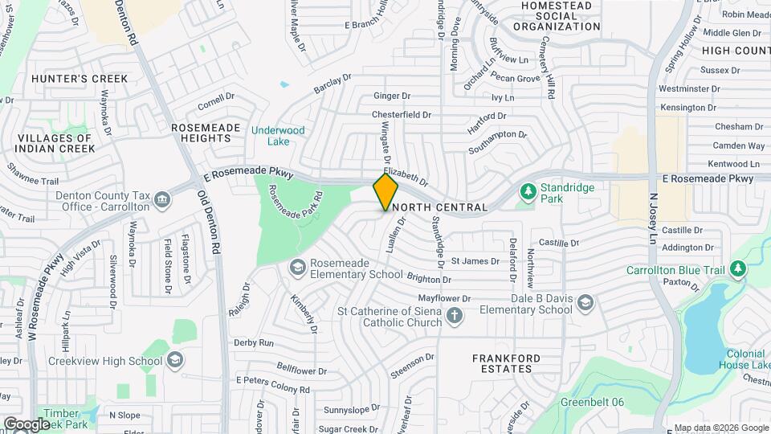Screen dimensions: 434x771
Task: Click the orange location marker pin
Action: [x=385, y=192]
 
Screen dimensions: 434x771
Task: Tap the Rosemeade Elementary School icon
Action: [x=296, y=266]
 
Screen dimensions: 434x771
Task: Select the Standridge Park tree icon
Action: [x=528, y=190]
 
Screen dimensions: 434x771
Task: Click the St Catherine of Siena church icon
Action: [x=455, y=315]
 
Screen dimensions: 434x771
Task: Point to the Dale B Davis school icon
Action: [x=585, y=302]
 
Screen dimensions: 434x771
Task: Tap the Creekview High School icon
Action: [x=174, y=361]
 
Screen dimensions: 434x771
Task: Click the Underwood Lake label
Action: [x=278, y=136]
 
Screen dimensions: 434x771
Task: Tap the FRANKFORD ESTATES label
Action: [x=502, y=363]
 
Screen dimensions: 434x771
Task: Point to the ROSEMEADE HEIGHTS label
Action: [x=202, y=133]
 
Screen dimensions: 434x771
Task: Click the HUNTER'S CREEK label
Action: [x=80, y=79]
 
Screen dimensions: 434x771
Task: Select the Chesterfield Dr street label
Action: [x=402, y=115]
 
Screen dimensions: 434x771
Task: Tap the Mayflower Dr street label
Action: [x=443, y=298]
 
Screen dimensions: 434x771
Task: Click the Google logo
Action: [x=26, y=424]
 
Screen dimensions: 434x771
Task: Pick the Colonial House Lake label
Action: [x=745, y=359]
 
